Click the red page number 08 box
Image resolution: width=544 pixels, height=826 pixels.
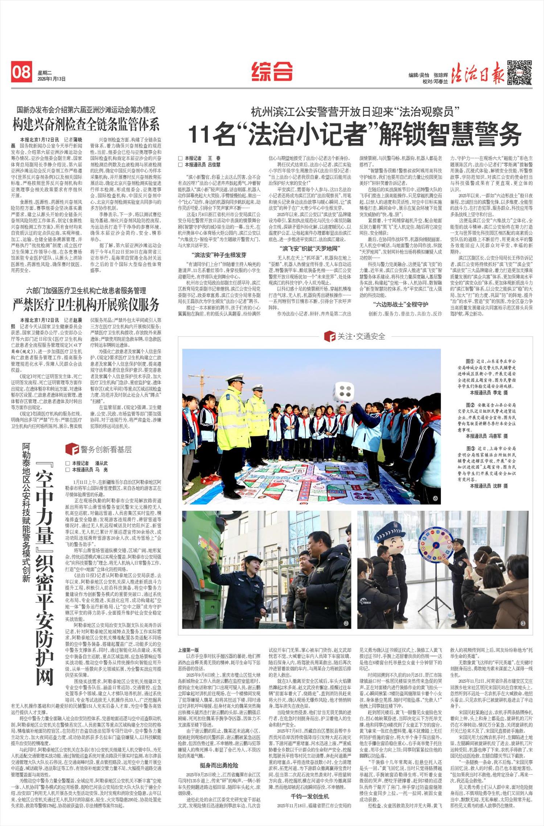[x=21, y=72]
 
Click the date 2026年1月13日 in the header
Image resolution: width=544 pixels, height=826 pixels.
[x=51, y=79]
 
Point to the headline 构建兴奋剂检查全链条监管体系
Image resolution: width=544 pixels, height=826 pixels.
[x=86, y=125]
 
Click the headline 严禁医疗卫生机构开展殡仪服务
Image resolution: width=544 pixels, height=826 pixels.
[x=86, y=305]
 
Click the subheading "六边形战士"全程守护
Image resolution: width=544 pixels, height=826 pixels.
[x=400, y=304]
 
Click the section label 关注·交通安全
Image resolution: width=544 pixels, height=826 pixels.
[x=355, y=336]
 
